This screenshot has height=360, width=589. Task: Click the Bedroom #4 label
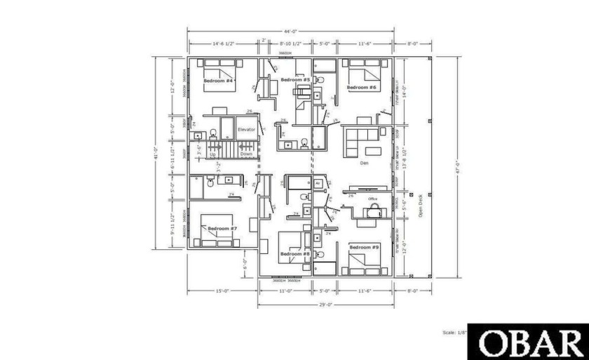[218, 81]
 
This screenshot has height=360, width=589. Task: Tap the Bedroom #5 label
[296, 80]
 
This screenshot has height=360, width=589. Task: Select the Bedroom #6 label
[362, 87]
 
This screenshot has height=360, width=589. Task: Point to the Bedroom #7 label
[223, 228]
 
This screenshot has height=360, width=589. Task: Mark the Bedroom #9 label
[364, 247]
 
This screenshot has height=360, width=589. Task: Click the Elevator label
[246, 129]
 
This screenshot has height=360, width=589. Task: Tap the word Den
[364, 163]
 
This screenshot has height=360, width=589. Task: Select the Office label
[373, 199]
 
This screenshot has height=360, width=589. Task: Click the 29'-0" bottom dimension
[325, 305]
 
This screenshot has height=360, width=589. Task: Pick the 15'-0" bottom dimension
[223, 290]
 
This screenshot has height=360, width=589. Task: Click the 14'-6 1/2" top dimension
[223, 43]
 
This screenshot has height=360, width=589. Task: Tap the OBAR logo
[527, 342]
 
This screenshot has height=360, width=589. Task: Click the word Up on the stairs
[213, 154]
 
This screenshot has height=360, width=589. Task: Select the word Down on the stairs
[246, 154]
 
